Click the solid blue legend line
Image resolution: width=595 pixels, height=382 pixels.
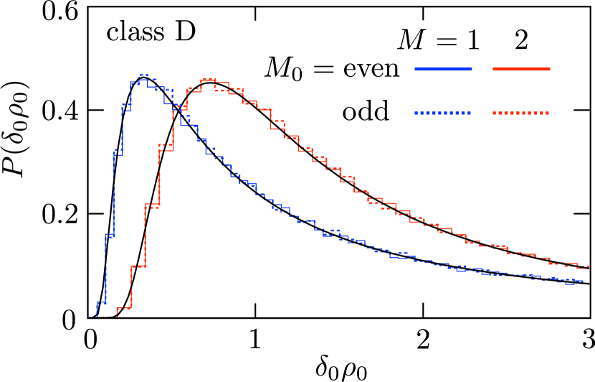click(x=443, y=69)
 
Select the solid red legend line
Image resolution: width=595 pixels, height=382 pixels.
click(x=521, y=69)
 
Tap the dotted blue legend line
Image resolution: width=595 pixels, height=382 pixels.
click(x=443, y=113)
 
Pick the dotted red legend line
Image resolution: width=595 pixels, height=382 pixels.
click(x=521, y=113)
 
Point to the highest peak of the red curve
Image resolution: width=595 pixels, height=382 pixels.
click(x=209, y=79)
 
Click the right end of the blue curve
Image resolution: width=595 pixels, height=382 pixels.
click(x=583, y=281)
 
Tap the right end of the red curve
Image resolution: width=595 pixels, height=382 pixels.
click(x=588, y=266)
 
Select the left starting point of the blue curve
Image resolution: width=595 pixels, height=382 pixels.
click(x=90, y=316)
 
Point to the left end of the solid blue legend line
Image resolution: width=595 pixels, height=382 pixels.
click(x=415, y=69)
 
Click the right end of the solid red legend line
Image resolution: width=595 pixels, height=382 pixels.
click(x=550, y=69)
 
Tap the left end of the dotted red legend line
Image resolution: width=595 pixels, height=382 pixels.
click(x=494, y=113)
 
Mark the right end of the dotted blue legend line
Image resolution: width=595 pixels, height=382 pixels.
click(x=470, y=113)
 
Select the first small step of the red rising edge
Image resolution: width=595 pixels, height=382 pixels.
click(x=124, y=308)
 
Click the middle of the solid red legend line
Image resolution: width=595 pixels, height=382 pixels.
click(x=521, y=69)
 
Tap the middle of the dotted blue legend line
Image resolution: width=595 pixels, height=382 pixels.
click(x=443, y=113)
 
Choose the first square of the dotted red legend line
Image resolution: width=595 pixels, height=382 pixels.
click(x=495, y=113)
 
